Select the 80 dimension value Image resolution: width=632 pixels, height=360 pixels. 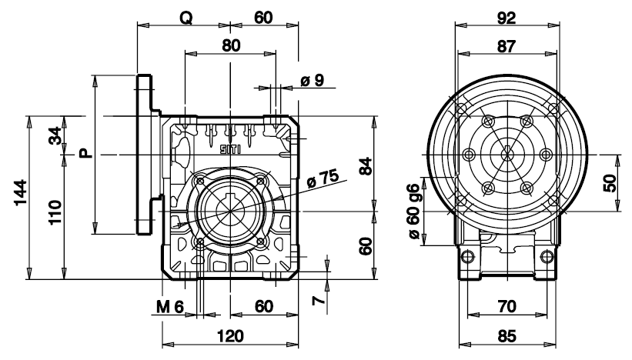click(x=230, y=45)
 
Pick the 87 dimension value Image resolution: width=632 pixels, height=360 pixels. click(x=506, y=45)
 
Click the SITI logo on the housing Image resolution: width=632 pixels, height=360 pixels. click(x=230, y=148)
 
